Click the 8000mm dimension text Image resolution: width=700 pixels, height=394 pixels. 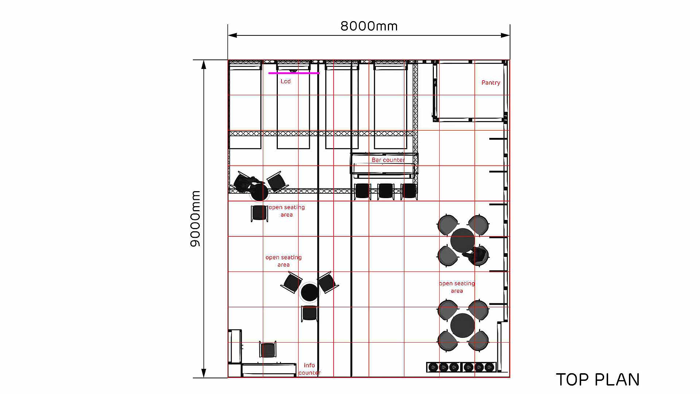tap(369, 26)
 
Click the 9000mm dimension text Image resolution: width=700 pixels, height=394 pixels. tap(195, 219)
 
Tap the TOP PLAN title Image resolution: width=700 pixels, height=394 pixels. tap(598, 380)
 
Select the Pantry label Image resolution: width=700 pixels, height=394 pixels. tap(491, 83)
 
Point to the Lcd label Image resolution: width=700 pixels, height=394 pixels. tap(285, 81)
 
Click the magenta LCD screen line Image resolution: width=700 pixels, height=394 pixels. tap(294, 73)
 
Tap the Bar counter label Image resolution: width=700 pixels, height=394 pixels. tap(388, 160)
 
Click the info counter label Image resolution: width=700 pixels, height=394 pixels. tap(310, 369)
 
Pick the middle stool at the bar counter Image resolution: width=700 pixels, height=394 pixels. tap(386, 191)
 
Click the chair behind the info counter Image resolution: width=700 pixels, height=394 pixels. tap(268, 349)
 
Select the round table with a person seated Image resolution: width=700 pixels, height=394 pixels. tap(462, 240)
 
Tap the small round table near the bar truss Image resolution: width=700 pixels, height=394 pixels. tap(259, 192)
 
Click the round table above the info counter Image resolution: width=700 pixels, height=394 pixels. tap(310, 292)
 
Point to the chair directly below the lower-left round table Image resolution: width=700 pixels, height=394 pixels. tap(310, 314)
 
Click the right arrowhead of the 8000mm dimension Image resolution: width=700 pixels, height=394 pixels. tap(505, 35)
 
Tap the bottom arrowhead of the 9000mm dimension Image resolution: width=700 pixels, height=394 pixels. tap(204, 373)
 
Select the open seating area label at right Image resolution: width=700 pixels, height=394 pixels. tap(457, 287)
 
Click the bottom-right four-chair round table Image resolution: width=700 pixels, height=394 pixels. tap(463, 325)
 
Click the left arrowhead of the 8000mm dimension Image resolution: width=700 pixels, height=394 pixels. tap(233, 35)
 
